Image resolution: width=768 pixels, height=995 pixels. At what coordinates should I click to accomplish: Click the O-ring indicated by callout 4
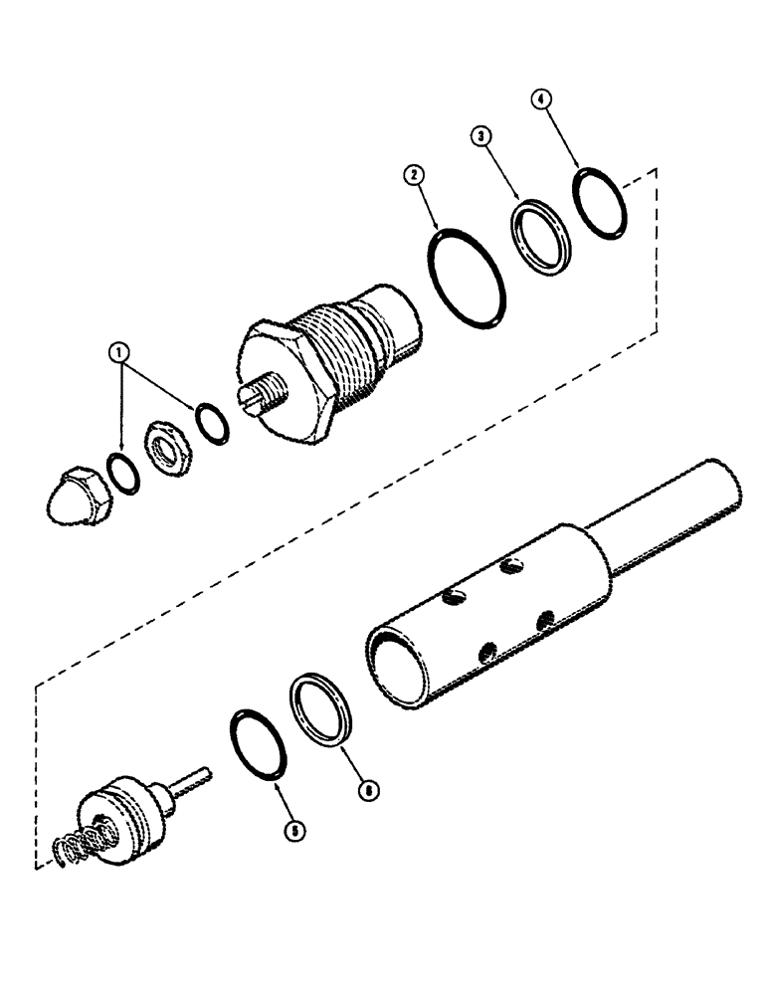pyautogui.click(x=603, y=204)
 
